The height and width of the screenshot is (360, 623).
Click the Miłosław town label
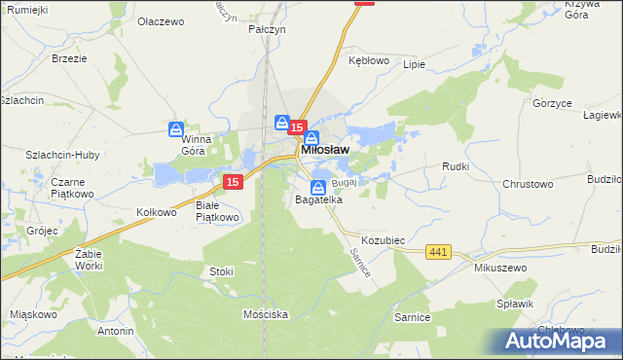[326, 150]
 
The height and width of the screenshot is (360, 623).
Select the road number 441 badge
[438, 252]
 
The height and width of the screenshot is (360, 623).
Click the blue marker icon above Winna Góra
[176, 128]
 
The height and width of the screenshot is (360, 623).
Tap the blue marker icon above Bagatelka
[318, 187]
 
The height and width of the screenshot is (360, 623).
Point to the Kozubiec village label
[383, 239]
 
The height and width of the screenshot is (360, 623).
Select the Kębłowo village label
[369, 59]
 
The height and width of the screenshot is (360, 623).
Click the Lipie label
[414, 64]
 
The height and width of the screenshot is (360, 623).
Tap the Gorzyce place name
[551, 102]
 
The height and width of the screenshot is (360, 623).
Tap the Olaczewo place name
[162, 20]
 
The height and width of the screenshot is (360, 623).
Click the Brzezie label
[69, 58]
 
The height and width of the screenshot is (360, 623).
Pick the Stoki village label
[221, 271]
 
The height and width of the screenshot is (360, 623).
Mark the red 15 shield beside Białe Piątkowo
[232, 182]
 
